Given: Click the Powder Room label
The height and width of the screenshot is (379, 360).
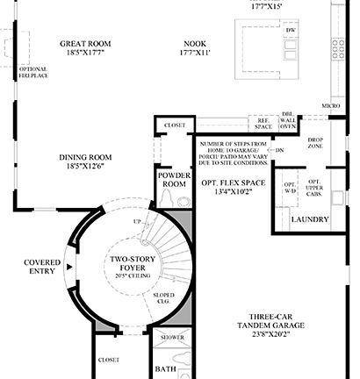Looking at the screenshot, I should click(175, 178).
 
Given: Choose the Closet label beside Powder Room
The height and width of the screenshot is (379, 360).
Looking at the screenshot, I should click(175, 125).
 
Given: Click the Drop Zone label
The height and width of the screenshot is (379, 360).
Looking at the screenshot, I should click(317, 143).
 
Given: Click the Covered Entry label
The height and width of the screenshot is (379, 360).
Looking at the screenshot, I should click(41, 267).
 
